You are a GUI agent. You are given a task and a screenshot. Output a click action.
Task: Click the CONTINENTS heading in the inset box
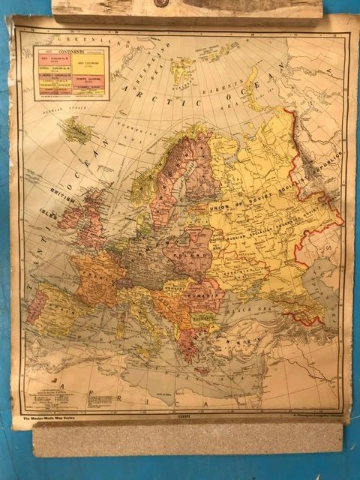click(x=71, y=53)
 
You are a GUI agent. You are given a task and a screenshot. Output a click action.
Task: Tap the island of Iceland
click(x=76, y=132)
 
